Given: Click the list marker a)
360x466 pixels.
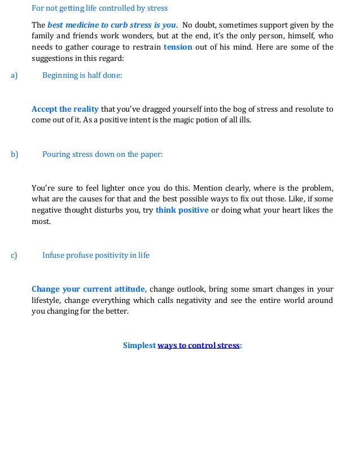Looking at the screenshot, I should click(x=14, y=75).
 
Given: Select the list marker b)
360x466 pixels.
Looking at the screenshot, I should click(x=14, y=153).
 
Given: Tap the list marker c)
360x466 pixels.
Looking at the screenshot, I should click(x=14, y=255).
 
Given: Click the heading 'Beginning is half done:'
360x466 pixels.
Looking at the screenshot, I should click(x=82, y=75).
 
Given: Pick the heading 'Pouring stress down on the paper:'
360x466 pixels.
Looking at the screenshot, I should click(x=102, y=153).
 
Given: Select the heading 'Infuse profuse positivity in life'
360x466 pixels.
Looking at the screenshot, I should click(x=96, y=255).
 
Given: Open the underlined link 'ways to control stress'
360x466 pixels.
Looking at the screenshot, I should click(x=199, y=345).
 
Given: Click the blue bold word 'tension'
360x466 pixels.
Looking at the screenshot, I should click(x=178, y=47).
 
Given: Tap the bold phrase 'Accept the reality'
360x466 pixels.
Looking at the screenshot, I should click(x=65, y=109).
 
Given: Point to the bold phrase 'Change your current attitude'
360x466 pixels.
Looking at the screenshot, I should click(x=88, y=289).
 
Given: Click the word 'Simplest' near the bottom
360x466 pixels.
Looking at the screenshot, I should click(x=139, y=345).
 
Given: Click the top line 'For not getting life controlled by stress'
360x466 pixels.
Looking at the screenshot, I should click(x=99, y=8).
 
